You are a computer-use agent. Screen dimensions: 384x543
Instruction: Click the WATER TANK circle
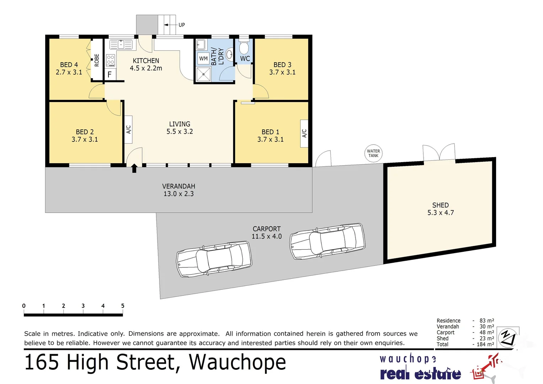click(373, 153)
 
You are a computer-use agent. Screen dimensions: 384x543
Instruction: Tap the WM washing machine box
click(203, 59)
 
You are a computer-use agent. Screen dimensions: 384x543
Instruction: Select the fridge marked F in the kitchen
click(110, 75)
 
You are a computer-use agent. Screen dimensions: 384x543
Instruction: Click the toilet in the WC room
click(244, 48)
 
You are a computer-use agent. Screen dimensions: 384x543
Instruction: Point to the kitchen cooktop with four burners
click(111, 60)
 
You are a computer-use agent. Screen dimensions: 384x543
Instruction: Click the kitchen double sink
click(121, 44)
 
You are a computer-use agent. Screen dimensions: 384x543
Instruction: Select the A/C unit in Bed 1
click(304, 133)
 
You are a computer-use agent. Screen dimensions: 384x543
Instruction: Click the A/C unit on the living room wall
click(129, 129)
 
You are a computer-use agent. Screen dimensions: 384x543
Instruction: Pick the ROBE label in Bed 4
click(97, 60)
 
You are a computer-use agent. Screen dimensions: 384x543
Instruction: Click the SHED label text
click(440, 205)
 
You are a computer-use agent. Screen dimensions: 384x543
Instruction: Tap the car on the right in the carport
click(327, 241)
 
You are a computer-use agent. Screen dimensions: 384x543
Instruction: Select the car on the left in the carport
click(214, 259)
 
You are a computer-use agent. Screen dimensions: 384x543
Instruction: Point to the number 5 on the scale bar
click(123, 306)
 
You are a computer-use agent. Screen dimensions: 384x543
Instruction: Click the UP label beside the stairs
click(182, 25)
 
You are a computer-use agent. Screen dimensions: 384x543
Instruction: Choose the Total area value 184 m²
click(485, 344)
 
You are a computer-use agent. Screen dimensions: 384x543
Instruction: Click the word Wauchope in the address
click(237, 362)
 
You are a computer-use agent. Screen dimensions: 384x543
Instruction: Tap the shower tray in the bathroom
click(204, 74)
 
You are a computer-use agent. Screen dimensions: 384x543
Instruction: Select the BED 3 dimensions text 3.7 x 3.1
click(282, 72)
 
